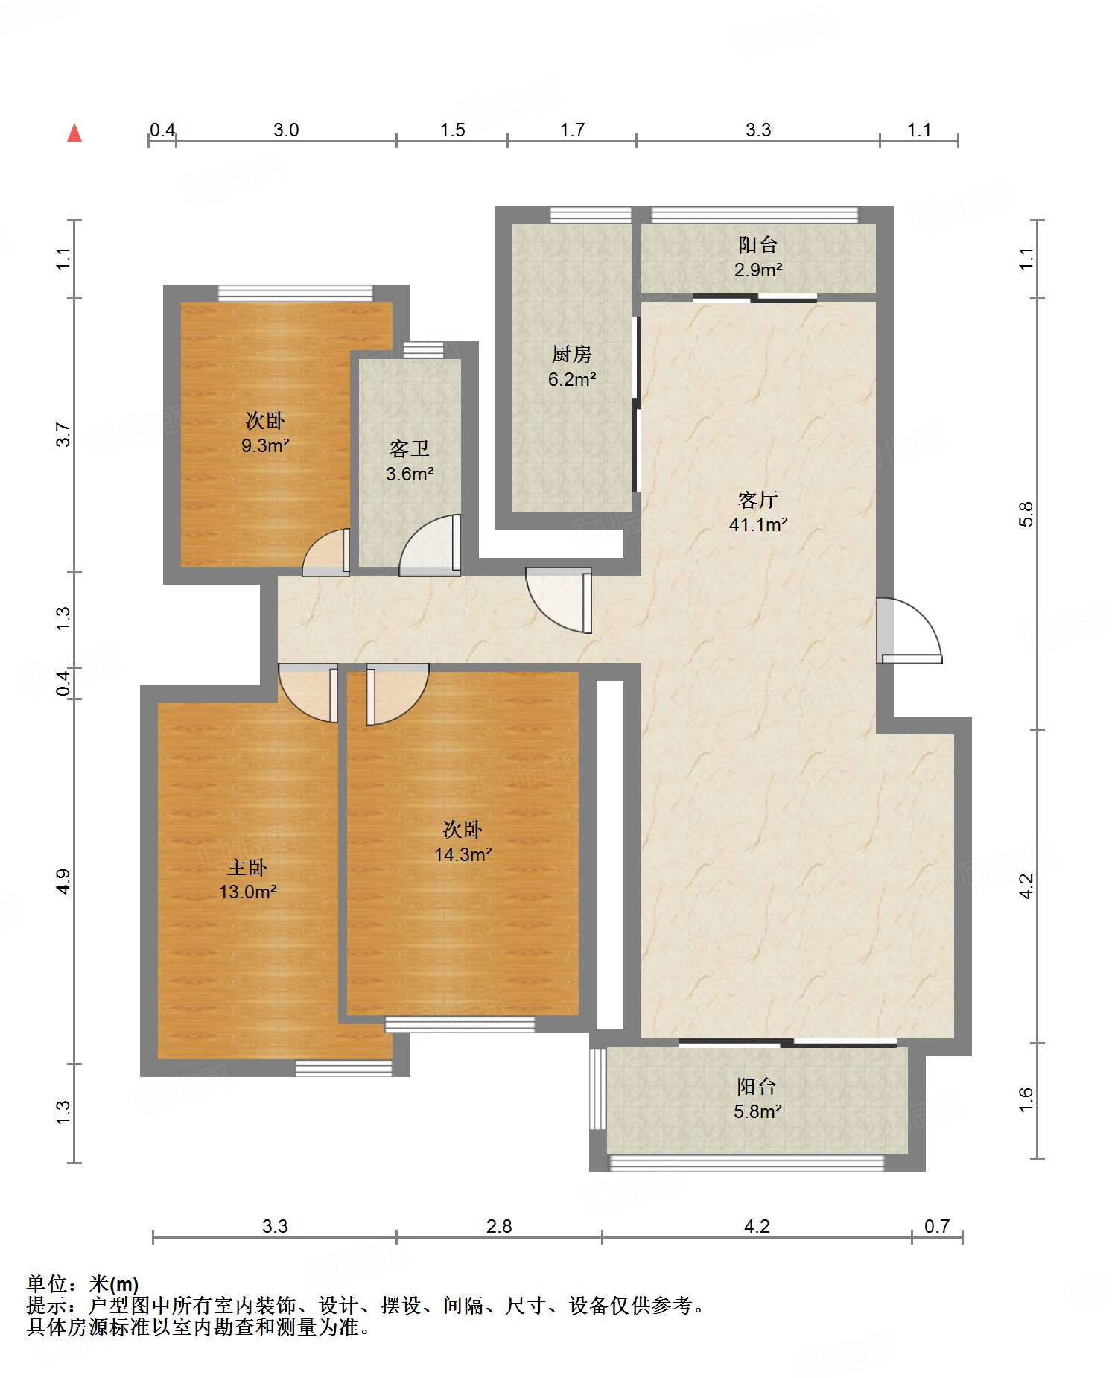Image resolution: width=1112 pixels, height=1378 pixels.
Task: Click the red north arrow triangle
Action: (74, 133)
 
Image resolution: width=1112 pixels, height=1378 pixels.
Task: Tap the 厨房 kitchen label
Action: (572, 354)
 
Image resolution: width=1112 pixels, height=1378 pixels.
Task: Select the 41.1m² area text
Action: (758, 524)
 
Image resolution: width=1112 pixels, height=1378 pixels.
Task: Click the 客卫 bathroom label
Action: (410, 448)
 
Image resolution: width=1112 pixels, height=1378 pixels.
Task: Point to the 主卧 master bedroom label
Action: (247, 867)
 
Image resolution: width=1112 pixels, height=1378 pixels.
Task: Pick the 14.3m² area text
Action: (463, 854)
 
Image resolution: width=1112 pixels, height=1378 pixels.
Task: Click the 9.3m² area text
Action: (265, 445)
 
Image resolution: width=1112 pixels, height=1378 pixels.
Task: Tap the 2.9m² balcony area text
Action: (758, 270)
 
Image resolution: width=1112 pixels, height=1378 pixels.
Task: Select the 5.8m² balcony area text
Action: (757, 1111)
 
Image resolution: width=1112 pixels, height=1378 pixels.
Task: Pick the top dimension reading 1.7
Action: (572, 130)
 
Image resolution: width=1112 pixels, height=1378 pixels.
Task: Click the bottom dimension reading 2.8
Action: (499, 1226)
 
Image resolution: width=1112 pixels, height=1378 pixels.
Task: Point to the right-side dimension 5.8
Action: (1026, 514)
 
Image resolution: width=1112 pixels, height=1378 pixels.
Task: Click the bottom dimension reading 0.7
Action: (937, 1226)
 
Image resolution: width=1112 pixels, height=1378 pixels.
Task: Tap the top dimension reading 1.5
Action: (452, 130)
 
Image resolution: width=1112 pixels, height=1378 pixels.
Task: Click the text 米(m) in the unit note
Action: (114, 1284)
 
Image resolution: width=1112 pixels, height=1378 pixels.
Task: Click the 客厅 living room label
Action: (758, 499)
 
